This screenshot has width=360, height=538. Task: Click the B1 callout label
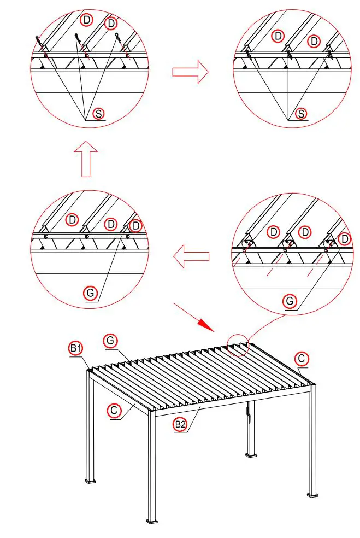point(75,348)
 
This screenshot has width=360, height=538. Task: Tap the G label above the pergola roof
point(110,341)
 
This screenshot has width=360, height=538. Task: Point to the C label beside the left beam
point(115,410)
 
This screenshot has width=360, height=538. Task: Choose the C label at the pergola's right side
point(301,359)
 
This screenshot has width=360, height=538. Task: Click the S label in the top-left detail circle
point(98,113)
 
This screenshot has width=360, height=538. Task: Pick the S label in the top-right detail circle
point(300,113)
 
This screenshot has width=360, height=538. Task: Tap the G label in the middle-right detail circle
point(291,301)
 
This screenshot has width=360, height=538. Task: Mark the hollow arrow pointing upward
point(86,159)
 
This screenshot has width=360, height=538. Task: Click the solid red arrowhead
point(206,325)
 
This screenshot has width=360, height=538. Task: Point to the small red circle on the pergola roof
point(238,345)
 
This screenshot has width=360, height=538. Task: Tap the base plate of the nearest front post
point(152,518)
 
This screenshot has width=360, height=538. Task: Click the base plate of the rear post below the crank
point(251,453)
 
